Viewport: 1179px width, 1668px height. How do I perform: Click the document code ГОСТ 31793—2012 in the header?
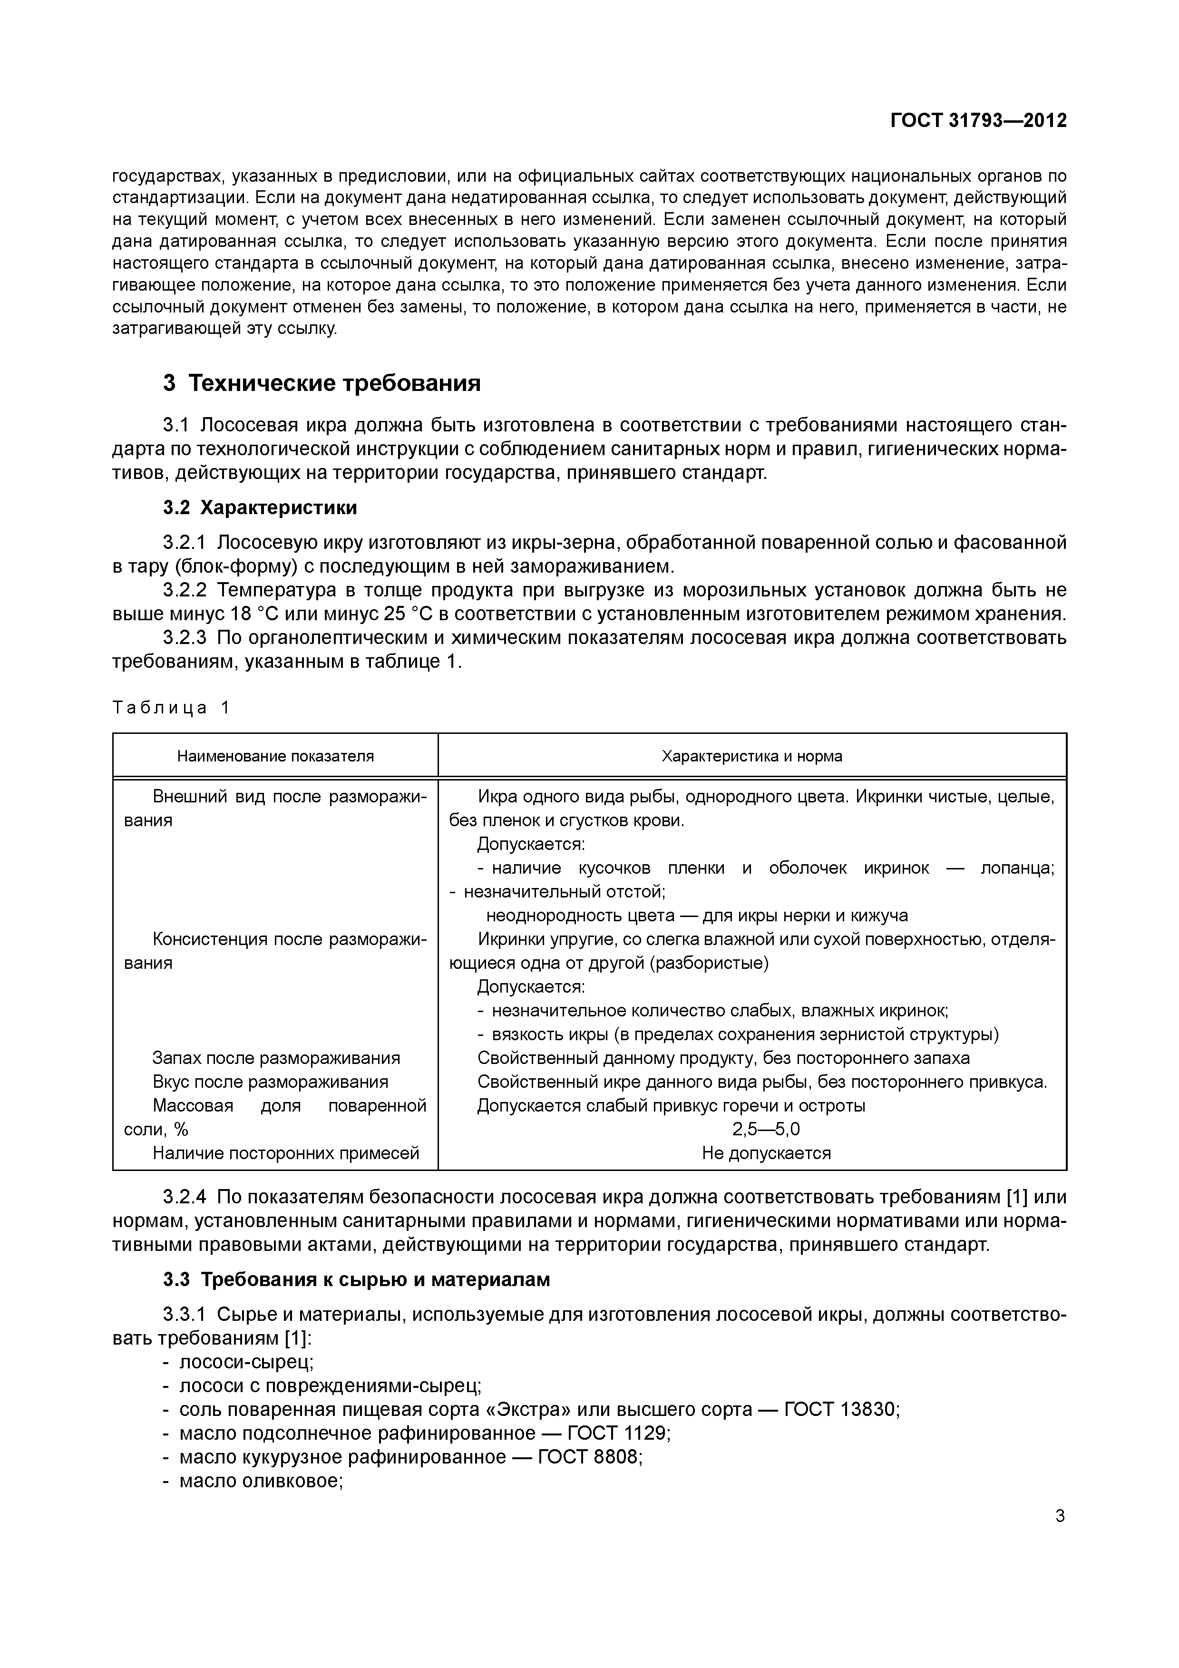(x=978, y=121)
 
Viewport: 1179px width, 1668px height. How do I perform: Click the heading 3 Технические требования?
(x=322, y=383)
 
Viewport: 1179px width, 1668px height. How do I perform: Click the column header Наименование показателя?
(x=275, y=756)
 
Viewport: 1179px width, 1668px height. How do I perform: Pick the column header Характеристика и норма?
(x=752, y=756)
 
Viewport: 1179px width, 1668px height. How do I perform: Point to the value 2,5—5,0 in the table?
(x=766, y=1129)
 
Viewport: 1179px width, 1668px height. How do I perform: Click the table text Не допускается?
(x=766, y=1153)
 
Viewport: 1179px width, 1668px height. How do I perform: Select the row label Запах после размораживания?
(x=276, y=1058)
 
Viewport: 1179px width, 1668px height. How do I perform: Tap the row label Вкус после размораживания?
(x=270, y=1082)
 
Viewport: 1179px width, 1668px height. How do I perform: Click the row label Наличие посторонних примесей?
(x=285, y=1153)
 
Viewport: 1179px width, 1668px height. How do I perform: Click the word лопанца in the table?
(x=1016, y=868)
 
